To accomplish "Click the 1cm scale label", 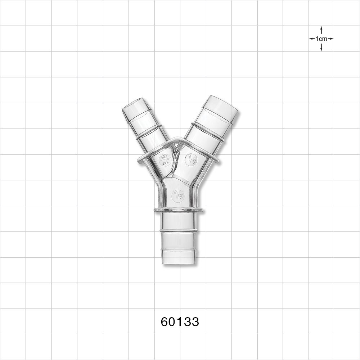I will [x=321, y=39].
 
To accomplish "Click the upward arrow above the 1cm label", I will [x=321, y=30].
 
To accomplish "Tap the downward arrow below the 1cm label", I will [x=321, y=48].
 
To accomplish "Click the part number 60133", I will [x=180, y=321].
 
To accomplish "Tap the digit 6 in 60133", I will [x=165, y=321].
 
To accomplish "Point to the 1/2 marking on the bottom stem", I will [x=178, y=196].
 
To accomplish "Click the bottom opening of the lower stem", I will [x=179, y=262].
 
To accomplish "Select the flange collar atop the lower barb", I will [x=178, y=210].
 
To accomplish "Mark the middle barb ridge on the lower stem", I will [x=179, y=230].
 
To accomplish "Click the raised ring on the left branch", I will [x=149, y=132].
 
